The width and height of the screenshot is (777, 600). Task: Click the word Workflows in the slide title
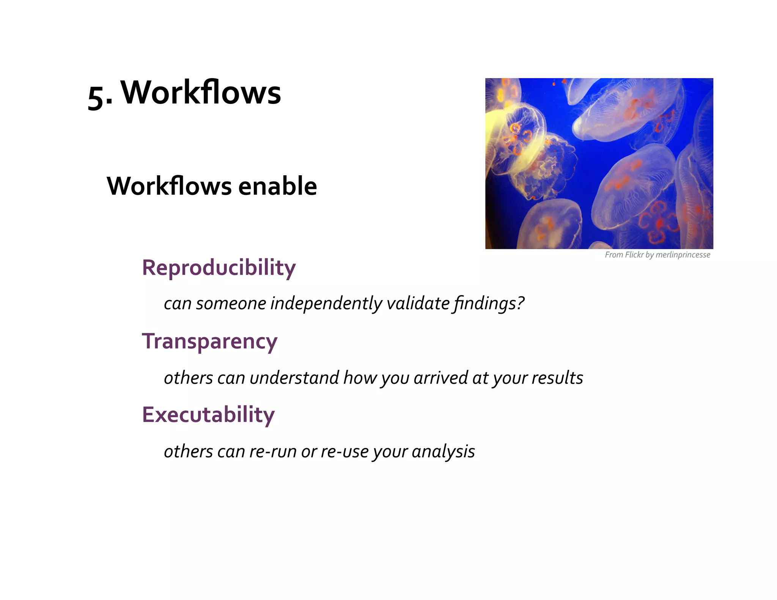(201, 93)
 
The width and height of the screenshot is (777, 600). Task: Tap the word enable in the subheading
(277, 186)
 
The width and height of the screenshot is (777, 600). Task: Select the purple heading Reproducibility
(219, 268)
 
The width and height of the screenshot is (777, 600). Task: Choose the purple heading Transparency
(209, 341)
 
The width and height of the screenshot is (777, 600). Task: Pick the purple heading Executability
(208, 415)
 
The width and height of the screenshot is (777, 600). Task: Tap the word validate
(418, 303)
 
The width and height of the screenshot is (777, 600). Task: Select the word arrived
(440, 378)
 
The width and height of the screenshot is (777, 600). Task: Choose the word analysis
(443, 451)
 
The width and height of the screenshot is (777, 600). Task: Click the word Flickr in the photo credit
(634, 255)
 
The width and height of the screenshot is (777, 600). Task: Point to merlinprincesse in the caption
(683, 255)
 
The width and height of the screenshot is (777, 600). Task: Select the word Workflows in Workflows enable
(169, 186)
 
